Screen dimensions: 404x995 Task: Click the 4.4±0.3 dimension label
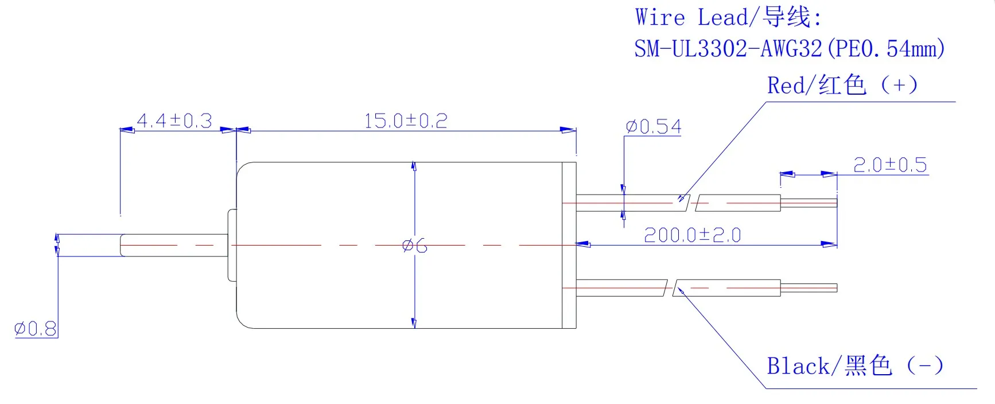(x=174, y=121)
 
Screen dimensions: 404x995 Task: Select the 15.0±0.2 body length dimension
(x=406, y=121)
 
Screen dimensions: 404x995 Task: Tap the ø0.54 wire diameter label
(x=654, y=127)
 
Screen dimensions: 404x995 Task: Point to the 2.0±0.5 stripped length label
(x=890, y=165)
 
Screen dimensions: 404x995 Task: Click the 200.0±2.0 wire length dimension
(x=693, y=235)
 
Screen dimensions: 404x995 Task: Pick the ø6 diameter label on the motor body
(x=415, y=246)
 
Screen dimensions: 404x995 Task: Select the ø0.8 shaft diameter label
(x=36, y=329)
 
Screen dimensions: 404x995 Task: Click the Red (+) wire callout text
(x=842, y=86)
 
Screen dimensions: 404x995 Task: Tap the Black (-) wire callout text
(x=855, y=366)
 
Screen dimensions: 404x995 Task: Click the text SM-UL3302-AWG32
(x=728, y=49)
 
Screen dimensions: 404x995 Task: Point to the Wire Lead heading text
(x=729, y=17)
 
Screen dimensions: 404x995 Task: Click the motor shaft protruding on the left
(x=172, y=245)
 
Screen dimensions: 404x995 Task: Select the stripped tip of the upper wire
(x=809, y=203)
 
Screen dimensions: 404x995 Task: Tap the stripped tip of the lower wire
(x=809, y=288)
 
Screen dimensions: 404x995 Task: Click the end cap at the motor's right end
(x=569, y=245)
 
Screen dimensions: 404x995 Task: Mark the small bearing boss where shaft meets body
(x=232, y=245)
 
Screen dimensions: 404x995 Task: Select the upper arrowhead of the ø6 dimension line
(x=414, y=166)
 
